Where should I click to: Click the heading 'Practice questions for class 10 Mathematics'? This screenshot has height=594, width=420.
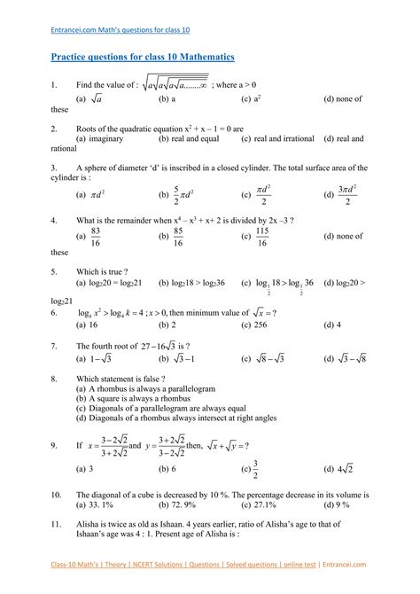pyautogui.click(x=142, y=57)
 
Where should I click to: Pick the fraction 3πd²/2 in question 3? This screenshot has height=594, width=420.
pyautogui.click(x=352, y=193)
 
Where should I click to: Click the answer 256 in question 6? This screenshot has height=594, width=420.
pyautogui.click(x=263, y=325)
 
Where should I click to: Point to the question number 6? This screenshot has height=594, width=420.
pyautogui.click(x=56, y=313)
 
